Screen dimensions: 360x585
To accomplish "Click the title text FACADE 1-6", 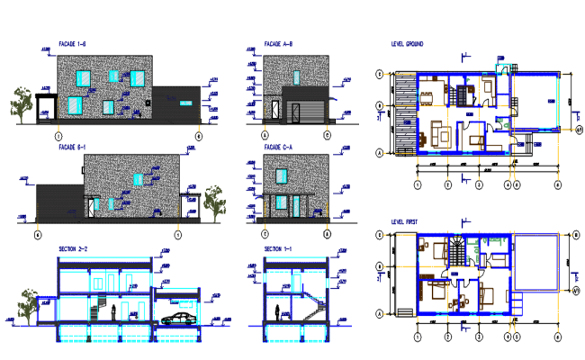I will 71,43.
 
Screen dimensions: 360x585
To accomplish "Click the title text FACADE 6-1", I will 71,147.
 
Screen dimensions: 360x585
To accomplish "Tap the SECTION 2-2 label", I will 72,248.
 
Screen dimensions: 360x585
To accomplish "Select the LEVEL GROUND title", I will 407,43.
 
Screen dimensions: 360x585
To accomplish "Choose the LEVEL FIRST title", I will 404,220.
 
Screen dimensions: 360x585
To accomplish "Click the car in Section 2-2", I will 177,318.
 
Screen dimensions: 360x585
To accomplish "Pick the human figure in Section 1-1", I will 276,311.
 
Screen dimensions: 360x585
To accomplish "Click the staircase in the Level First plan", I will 458,249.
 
